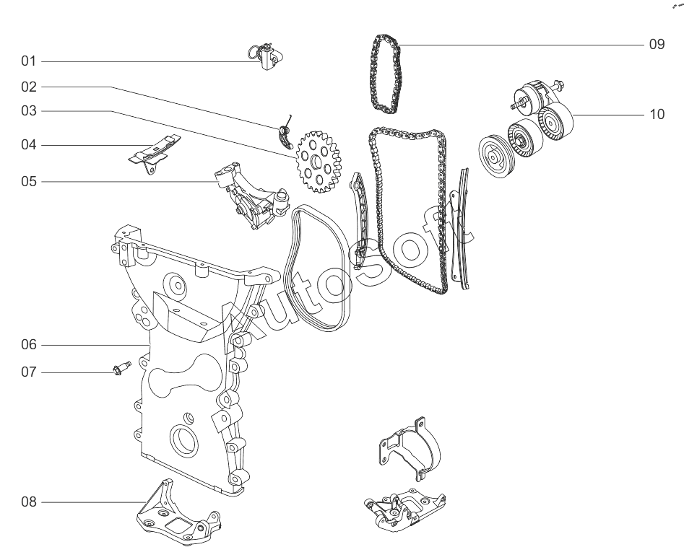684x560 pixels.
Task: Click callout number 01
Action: [x=29, y=61]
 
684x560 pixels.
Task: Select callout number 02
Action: [x=29, y=87]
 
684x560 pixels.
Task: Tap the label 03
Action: [x=29, y=111]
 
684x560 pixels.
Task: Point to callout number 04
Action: [x=29, y=145]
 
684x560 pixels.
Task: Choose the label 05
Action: [x=29, y=181]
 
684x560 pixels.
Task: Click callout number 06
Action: [x=29, y=345]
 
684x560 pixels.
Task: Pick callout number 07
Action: [x=29, y=372]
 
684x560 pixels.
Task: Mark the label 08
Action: [x=29, y=501]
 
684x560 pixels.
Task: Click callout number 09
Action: [x=656, y=44]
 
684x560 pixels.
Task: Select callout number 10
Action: [x=656, y=114]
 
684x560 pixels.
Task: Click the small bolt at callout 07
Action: [x=121, y=369]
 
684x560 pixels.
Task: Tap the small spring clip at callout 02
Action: [x=285, y=134]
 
